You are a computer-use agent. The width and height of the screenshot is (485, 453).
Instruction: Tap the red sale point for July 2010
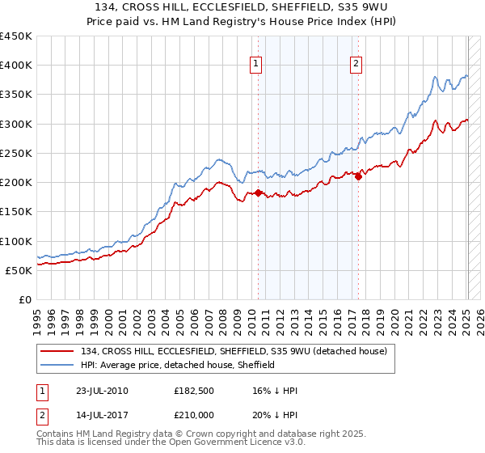click(259, 193)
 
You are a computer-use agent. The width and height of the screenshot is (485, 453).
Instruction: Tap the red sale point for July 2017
click(358, 177)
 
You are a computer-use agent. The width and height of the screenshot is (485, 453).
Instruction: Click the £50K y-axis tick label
click(19, 270)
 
